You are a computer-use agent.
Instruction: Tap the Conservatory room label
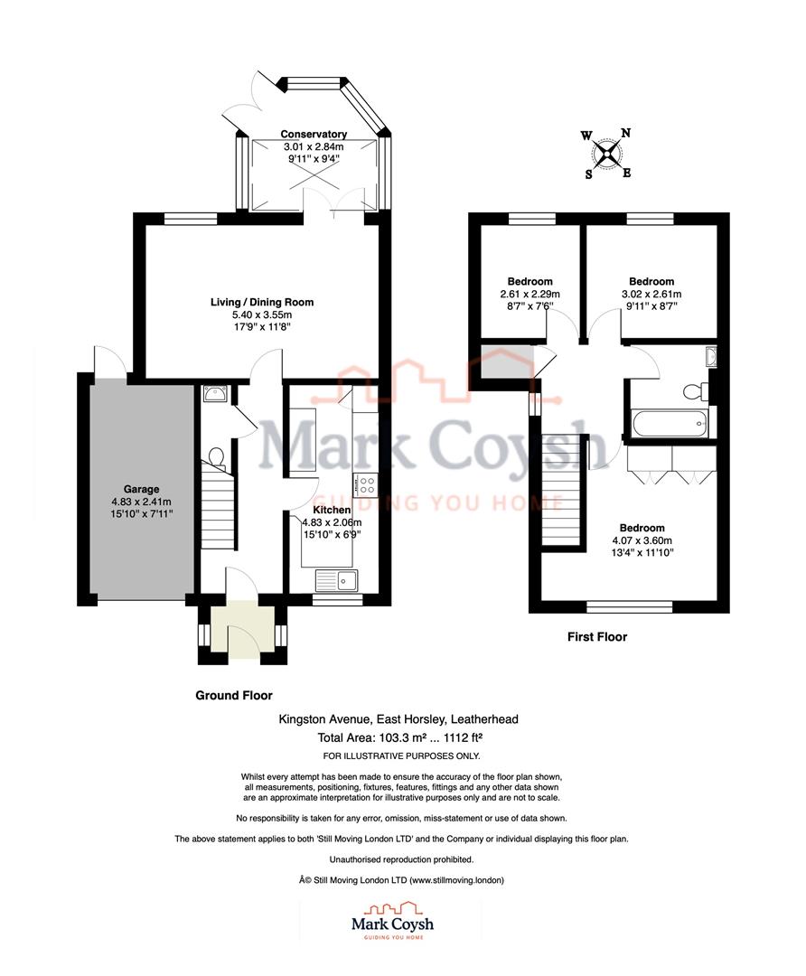[x=313, y=135]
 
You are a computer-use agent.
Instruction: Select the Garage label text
[x=141, y=489]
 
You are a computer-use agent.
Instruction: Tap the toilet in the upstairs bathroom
[x=693, y=391]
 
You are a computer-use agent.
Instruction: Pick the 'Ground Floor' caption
[x=234, y=696]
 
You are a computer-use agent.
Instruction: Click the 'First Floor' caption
[x=596, y=637]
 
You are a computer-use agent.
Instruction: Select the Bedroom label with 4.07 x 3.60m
[x=642, y=528]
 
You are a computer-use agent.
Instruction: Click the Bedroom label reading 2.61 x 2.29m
[x=530, y=282]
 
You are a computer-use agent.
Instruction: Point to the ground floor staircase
[x=216, y=511]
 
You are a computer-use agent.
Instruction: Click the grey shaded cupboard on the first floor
[x=503, y=362]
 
